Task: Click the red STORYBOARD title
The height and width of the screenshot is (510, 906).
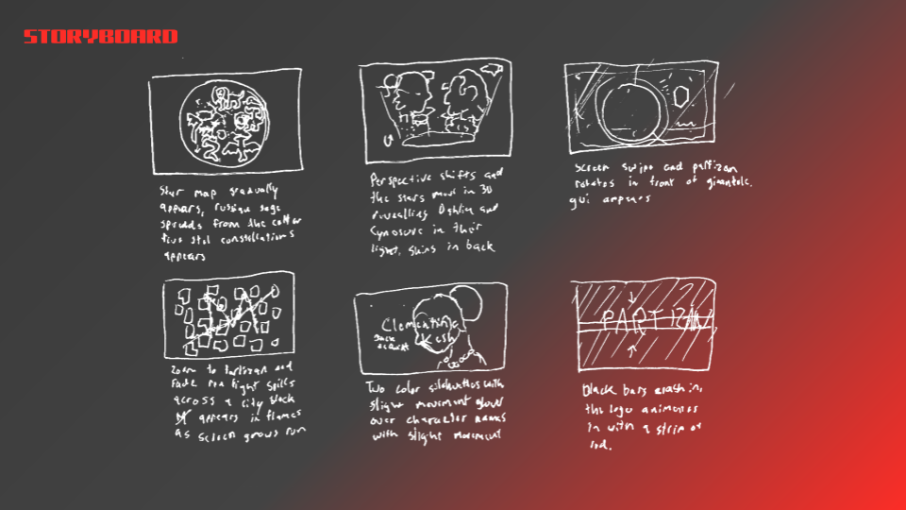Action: click(x=100, y=37)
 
